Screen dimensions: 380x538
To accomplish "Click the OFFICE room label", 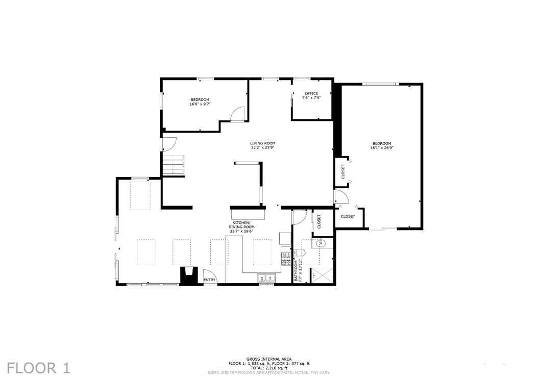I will [311, 93].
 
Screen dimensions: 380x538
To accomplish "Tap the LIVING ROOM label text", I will [263, 143].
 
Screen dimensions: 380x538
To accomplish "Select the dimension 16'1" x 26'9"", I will [382, 148].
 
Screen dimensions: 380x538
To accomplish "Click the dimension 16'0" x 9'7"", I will [200, 104].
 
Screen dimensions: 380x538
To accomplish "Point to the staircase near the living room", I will [173, 165].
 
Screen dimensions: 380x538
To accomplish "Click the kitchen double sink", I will [266, 278].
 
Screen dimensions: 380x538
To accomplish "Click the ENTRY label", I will [210, 280].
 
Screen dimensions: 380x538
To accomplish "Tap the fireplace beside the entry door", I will [188, 275].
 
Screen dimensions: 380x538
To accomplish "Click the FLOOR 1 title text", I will [39, 367].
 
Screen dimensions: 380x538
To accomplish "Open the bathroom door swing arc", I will [299, 218].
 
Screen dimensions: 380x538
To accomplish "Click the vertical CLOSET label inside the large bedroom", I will [343, 172].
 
